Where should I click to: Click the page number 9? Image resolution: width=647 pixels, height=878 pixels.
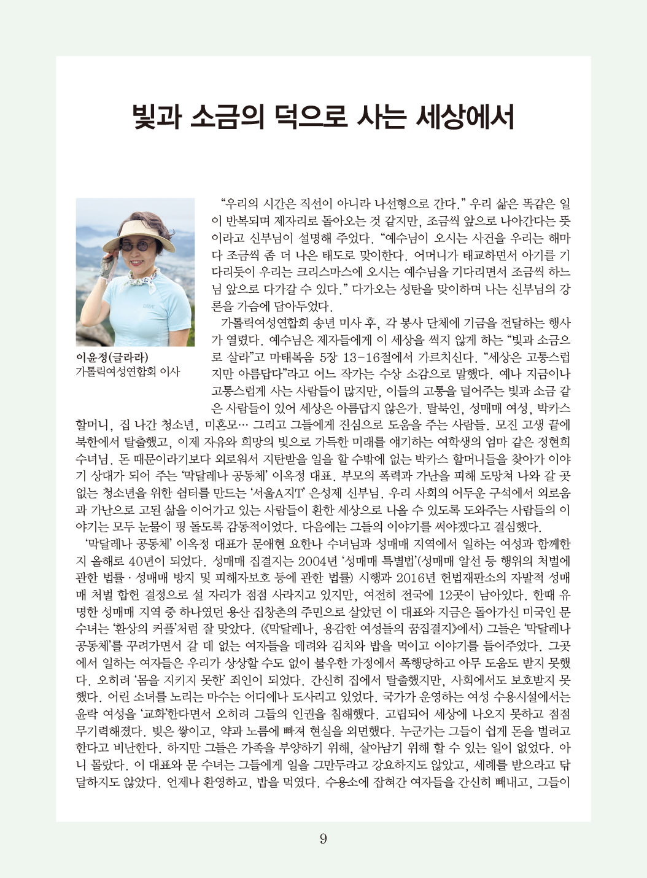pos(323,839)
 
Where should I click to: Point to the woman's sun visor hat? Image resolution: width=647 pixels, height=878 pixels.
pos(131,228)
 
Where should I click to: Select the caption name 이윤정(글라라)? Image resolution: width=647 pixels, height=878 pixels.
pos(111,357)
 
